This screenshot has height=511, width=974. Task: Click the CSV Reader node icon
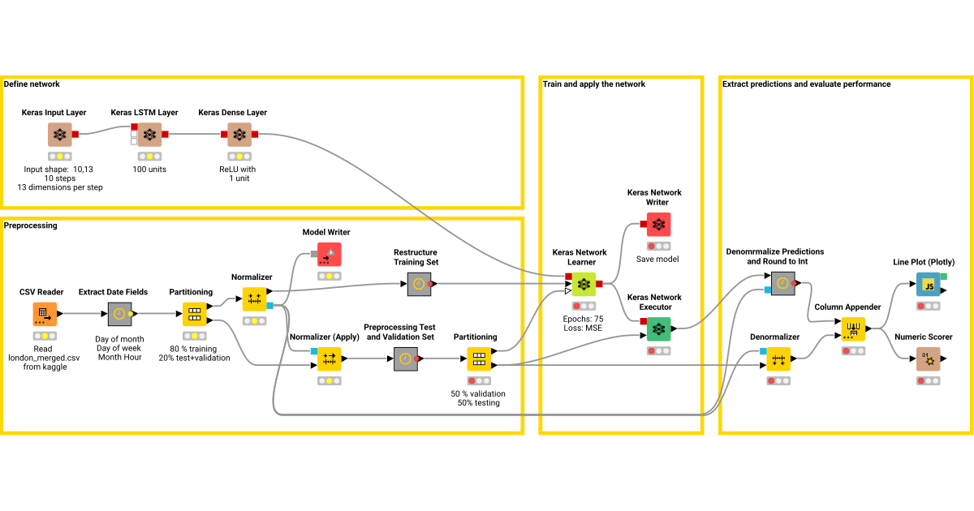[45, 314]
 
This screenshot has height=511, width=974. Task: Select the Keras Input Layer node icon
[60, 135]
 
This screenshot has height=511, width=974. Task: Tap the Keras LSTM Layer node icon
[149, 135]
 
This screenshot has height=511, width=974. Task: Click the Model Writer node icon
[330, 255]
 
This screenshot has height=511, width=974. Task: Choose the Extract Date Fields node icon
[120, 314]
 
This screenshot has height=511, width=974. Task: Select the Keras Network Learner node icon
[583, 285]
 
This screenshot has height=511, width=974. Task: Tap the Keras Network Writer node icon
[659, 225]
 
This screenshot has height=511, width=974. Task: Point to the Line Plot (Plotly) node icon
[928, 285]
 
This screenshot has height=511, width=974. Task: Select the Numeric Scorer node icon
[928, 359]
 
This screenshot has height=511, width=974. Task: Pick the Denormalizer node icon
[778, 359]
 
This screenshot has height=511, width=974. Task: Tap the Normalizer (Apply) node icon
[330, 359]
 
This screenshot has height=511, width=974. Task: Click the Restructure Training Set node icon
[418, 285]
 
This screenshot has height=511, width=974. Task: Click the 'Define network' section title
[32, 84]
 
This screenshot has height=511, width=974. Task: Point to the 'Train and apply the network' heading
[594, 84]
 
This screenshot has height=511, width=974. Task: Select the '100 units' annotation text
[149, 170]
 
